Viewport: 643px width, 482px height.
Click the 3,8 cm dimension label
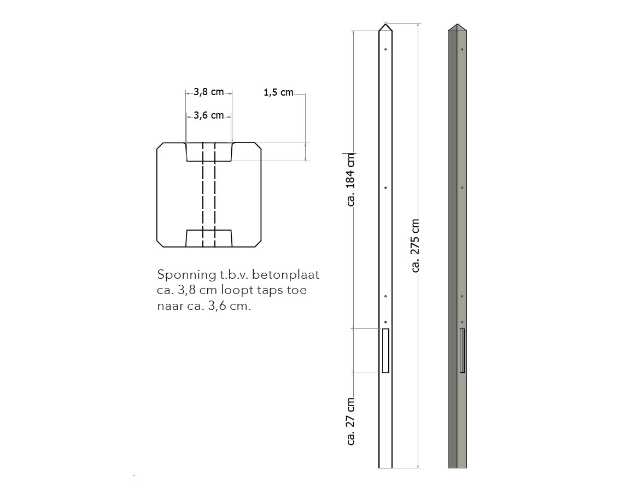[209, 92]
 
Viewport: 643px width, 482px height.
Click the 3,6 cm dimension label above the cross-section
[209, 115]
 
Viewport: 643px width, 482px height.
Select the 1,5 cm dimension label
[278, 93]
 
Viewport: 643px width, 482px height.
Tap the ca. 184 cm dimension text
[350, 179]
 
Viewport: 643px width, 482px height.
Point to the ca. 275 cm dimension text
[416, 245]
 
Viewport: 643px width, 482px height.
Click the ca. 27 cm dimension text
[350, 421]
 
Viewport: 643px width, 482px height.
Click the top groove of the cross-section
[209, 152]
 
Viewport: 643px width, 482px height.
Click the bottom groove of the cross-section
[209, 238]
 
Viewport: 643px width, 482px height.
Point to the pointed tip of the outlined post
[385, 25]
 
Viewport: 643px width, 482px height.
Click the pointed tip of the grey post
[457, 26]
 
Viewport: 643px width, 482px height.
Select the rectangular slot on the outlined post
[385, 351]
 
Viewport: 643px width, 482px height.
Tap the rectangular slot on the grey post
[462, 351]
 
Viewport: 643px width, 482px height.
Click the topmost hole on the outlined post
[385, 50]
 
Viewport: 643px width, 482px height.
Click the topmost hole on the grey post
[462, 50]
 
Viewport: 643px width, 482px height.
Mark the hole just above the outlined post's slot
[385, 322]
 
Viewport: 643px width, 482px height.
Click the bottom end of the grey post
[457, 466]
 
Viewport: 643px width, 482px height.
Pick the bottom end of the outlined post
[385, 466]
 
